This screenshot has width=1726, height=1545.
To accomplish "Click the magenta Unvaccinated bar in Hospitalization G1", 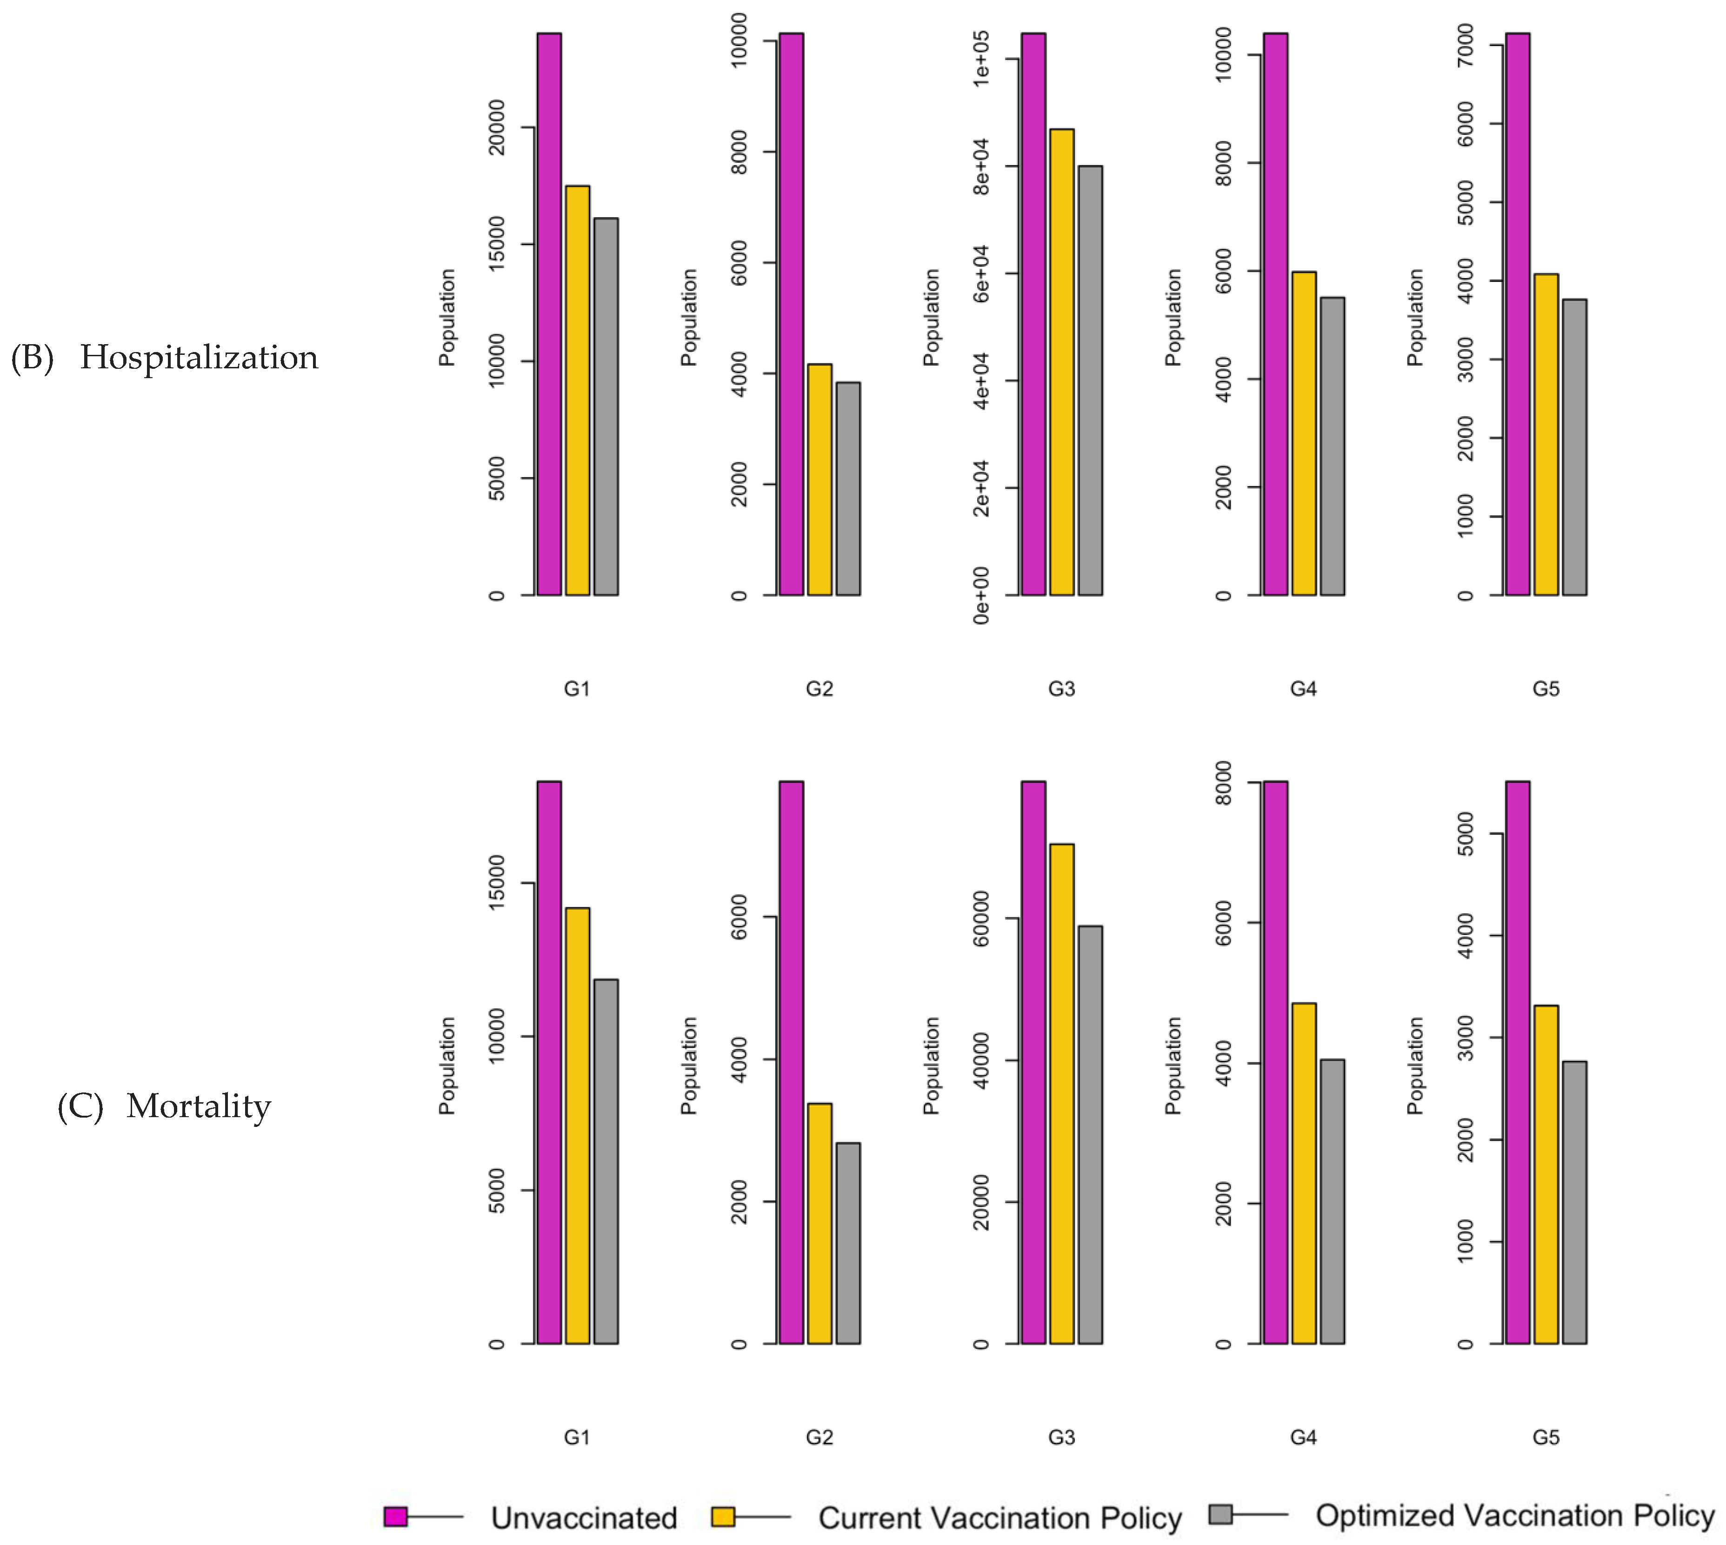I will pos(548,314).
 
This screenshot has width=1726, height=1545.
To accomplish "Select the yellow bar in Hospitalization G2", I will pos(819,479).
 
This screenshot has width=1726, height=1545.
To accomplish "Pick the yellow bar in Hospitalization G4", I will pos(1304,433).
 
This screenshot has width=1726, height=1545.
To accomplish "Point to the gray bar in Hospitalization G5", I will pos(1574,447).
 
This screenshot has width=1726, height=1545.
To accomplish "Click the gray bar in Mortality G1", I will pos(606,1161).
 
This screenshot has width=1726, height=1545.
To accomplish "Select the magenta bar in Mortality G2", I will pos(791,1062).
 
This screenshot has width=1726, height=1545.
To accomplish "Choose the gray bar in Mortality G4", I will pos(1332,1201).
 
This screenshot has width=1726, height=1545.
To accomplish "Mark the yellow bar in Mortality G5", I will pos(1546,1174).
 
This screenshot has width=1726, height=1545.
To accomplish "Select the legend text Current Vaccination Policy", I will pos(999,1518).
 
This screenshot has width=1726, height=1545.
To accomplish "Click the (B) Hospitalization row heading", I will pos(165,357).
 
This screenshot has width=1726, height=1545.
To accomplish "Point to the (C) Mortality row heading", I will pos(165,1106).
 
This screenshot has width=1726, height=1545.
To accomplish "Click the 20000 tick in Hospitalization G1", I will pos(497,127).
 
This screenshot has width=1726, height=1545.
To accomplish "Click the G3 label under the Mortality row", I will pos(1061,1437).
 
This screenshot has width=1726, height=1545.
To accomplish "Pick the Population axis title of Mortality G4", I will pos(1173,1066).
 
